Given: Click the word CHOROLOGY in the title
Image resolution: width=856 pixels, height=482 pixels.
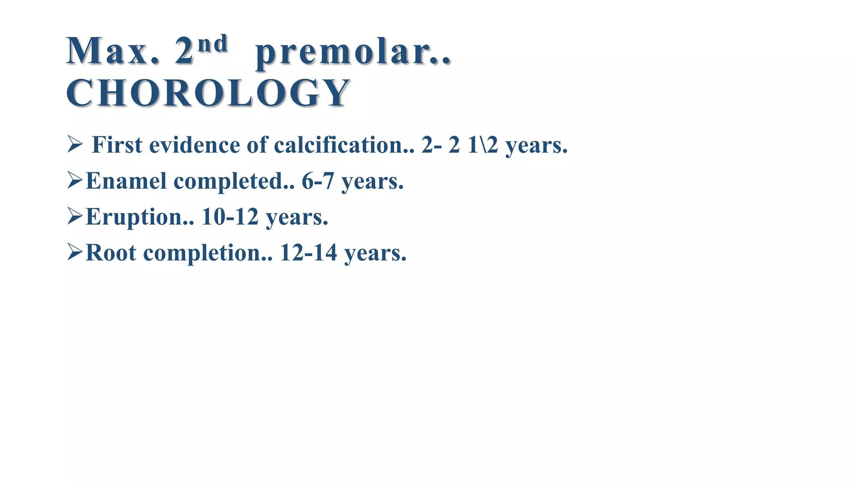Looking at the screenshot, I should [208, 93].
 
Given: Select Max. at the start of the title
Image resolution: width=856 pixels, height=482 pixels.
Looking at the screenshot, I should [112, 51].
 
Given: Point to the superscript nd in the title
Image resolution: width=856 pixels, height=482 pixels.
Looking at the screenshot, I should [213, 44].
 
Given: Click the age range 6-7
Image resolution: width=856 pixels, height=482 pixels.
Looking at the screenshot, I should [318, 181].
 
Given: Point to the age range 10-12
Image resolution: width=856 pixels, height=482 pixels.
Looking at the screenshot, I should [230, 217].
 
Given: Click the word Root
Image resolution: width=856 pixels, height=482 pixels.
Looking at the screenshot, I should [111, 253].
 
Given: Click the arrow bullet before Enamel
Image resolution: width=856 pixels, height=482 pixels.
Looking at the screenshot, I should [75, 181].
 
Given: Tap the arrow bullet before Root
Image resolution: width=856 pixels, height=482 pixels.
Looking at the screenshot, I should [75, 253].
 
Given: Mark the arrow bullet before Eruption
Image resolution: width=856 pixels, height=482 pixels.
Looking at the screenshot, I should [75, 217].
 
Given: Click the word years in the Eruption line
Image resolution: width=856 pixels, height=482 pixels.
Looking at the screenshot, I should [297, 218].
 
